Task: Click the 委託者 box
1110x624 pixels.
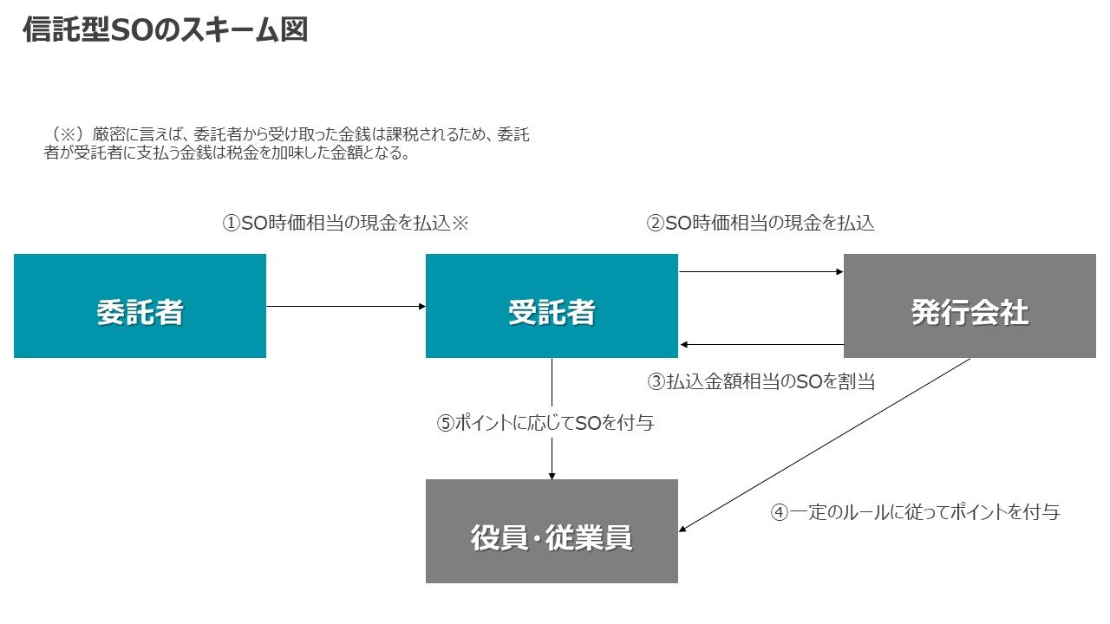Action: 140,306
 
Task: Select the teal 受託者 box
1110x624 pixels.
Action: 552,306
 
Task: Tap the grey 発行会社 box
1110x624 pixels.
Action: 970,306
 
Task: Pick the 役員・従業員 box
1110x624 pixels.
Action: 552,531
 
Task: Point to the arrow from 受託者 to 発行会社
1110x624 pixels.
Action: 761,272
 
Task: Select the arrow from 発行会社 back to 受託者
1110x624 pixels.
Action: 761,345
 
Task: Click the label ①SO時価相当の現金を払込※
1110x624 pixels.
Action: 345,224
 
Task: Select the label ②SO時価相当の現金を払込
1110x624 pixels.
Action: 761,224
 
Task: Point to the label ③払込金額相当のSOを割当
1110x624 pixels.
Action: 761,381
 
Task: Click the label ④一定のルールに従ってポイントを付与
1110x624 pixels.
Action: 915,512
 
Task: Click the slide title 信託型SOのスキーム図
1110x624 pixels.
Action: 165,31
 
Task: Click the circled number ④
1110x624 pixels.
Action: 780,512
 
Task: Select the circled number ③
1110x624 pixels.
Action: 656,381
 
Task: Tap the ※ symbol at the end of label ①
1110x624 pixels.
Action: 460,224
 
